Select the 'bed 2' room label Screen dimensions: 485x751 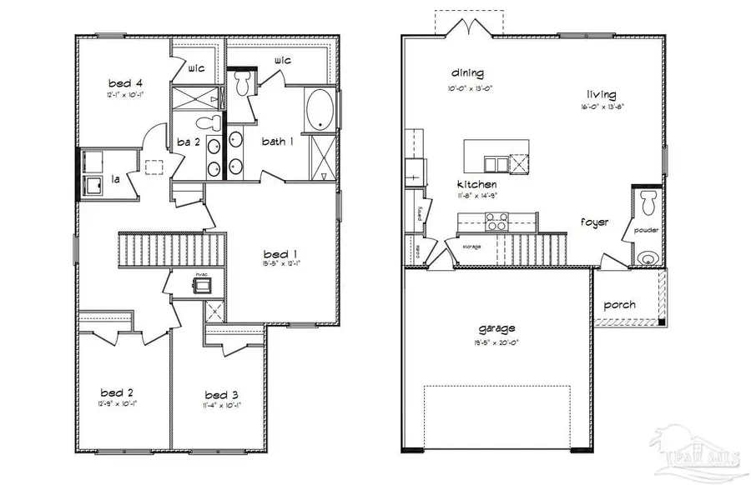pyautogui.click(x=118, y=392)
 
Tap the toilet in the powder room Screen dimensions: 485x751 pyautogui.click(x=648, y=199)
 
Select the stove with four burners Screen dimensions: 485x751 pyautogui.click(x=497, y=222)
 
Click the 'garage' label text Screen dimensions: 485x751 pyautogui.click(x=497, y=327)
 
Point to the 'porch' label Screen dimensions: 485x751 pyautogui.click(x=620, y=305)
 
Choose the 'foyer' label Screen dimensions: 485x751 pyautogui.click(x=595, y=222)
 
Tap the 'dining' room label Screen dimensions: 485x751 pyautogui.click(x=467, y=73)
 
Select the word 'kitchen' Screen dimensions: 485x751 pyautogui.click(x=476, y=184)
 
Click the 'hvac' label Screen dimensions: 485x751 pyautogui.click(x=201, y=273)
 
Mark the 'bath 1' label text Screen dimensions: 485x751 pyautogui.click(x=279, y=142)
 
